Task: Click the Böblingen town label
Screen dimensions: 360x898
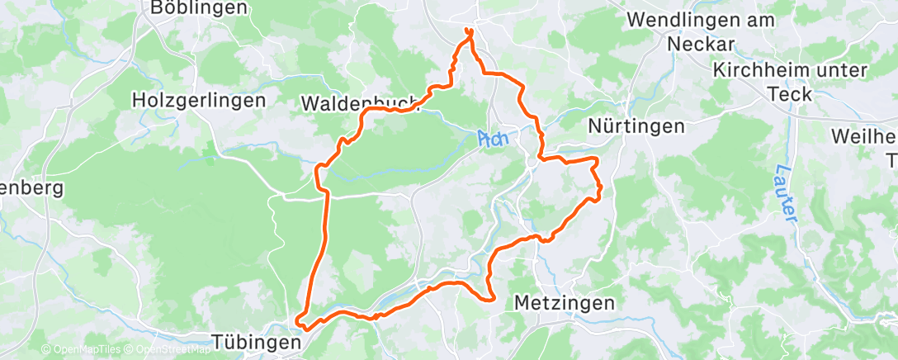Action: point(199,8)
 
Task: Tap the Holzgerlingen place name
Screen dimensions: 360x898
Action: point(199,101)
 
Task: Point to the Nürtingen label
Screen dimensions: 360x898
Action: point(637,126)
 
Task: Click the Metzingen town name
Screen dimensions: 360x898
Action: point(564,303)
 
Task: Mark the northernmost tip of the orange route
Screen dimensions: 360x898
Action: point(469,31)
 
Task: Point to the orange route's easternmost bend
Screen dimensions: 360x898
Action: point(600,189)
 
